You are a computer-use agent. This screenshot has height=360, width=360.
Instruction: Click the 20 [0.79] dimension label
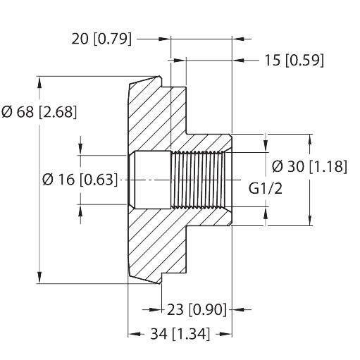[x=101, y=39]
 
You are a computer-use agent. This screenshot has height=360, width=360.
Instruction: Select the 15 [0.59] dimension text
[x=294, y=61]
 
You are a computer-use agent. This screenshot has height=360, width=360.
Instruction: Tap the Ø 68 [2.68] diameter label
[x=39, y=112]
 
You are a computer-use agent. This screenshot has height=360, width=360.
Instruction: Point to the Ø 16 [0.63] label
[x=80, y=180]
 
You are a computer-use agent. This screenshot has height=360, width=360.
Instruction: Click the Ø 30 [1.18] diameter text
[x=309, y=167]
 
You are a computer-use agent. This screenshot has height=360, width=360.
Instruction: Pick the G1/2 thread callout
[x=266, y=188]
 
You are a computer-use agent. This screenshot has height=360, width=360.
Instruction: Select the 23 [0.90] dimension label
[x=197, y=309]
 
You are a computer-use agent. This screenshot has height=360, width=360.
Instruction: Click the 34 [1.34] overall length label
[x=180, y=334]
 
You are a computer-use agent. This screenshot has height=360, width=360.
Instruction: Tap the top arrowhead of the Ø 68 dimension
[x=39, y=82]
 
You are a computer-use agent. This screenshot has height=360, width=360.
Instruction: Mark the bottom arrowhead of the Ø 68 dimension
[x=39, y=278]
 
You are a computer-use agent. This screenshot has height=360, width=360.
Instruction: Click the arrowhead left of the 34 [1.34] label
[x=134, y=334]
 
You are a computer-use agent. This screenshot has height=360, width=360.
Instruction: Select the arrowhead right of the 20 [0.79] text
[x=165, y=39]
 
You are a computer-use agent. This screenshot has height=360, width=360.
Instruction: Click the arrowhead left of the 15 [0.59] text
[x=238, y=61]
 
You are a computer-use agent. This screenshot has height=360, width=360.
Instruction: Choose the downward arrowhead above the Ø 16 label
[x=80, y=149]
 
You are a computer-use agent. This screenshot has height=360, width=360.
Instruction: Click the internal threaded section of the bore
[x=198, y=180]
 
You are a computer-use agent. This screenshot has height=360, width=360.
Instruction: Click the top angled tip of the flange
[x=159, y=77]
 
